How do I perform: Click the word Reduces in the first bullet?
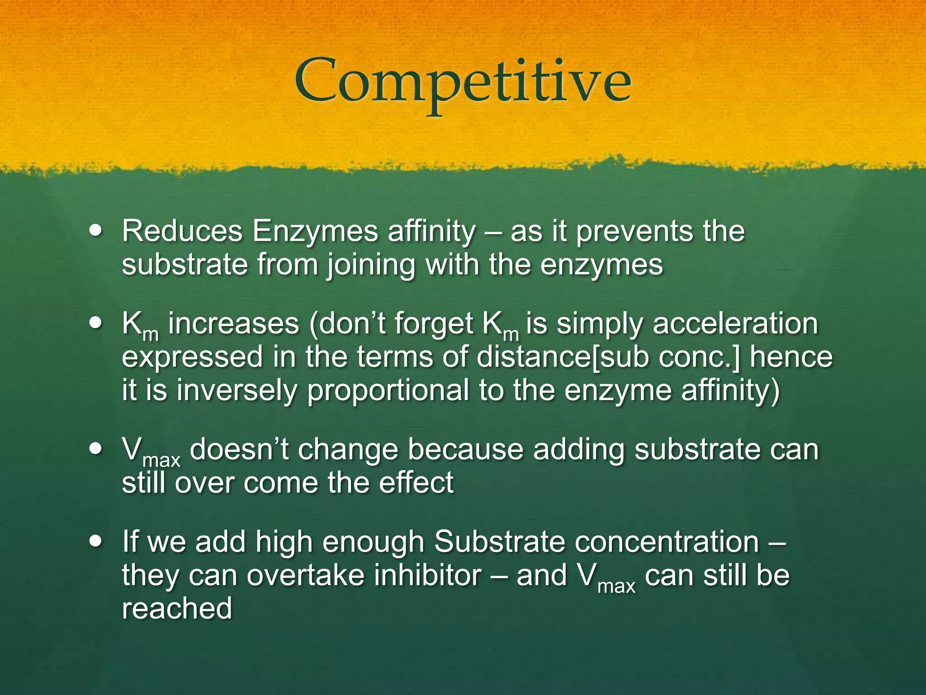(182, 231)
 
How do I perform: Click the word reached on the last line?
(177, 608)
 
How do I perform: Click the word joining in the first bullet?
(371, 265)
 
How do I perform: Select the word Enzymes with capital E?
(315, 231)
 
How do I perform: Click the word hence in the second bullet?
(791, 357)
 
